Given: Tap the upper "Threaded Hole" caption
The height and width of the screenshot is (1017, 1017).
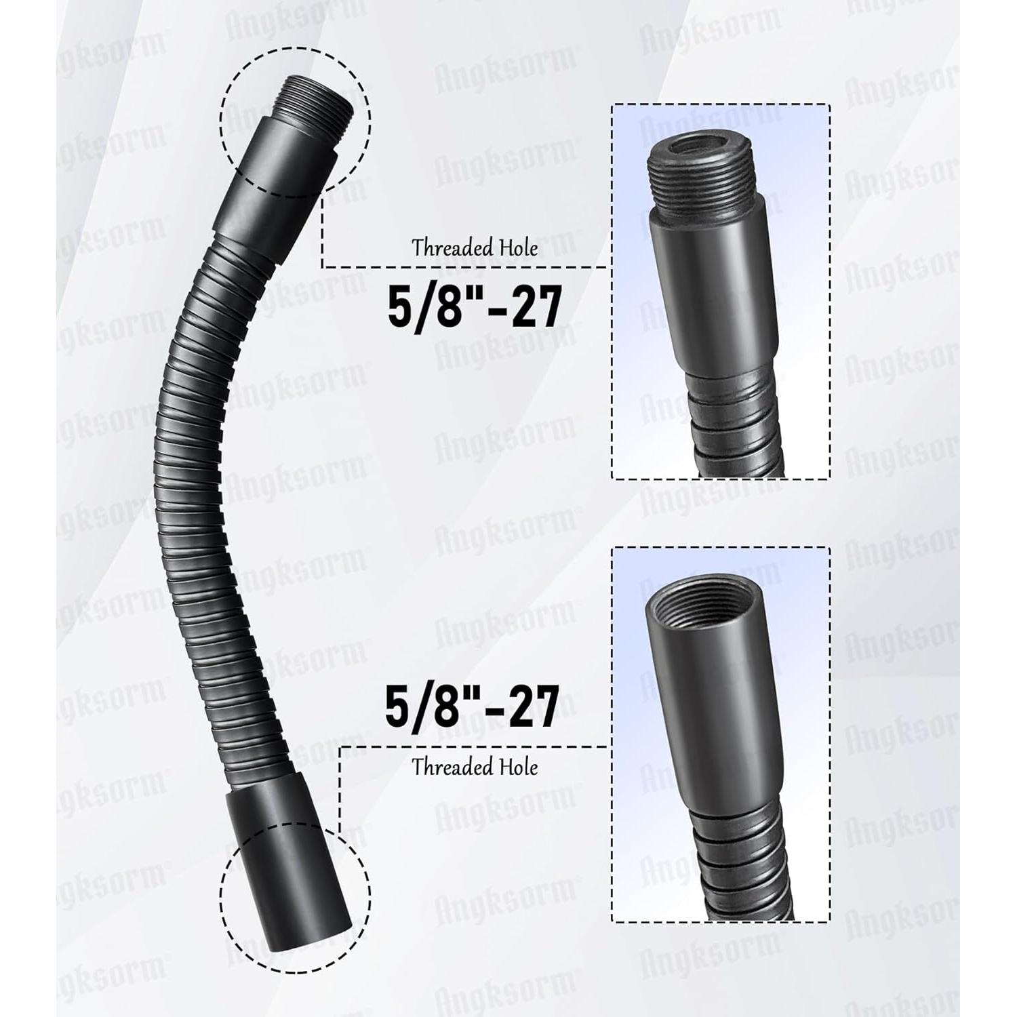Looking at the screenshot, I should (475, 248).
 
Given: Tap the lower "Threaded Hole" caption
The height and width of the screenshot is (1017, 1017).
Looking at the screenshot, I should (475, 767).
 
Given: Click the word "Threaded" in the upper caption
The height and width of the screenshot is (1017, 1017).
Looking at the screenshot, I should (453, 248).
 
